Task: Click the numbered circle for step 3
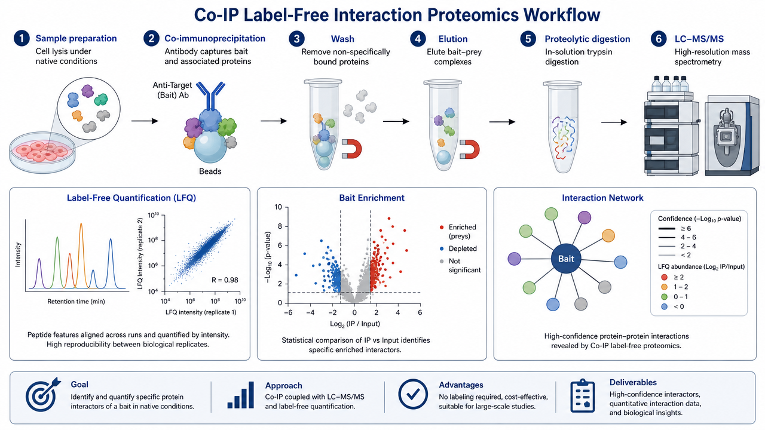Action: point(296,39)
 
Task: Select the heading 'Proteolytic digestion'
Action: point(587,39)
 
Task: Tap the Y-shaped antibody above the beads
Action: point(210,96)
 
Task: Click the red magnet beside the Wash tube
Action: point(352,149)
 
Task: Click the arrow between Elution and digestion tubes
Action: point(502,122)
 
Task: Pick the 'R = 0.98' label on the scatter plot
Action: point(225,280)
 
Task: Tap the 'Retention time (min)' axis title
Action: point(76,302)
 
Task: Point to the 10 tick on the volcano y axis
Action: point(279,207)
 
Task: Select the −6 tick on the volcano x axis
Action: point(288,312)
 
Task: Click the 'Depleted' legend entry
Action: point(463,249)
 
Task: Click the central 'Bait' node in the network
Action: point(566,259)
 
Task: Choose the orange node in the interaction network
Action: point(608,235)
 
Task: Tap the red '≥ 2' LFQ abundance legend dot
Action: point(664,277)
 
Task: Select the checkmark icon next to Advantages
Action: point(413,394)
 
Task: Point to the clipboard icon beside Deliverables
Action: point(583,396)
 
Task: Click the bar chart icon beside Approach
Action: point(241,395)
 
